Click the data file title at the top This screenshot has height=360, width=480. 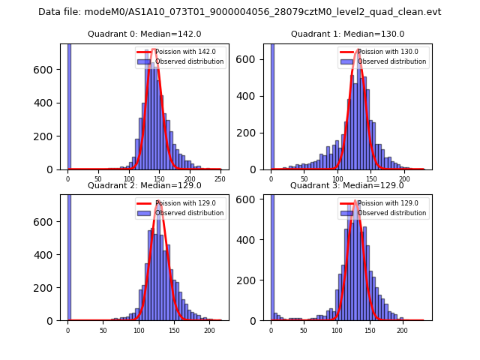pyautogui.click(x=239, y=12)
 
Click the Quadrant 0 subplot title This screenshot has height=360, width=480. pyautogui.click(x=144, y=34)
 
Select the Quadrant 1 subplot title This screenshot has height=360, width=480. pyautogui.click(x=347, y=34)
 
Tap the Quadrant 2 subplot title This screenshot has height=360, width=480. pyautogui.click(x=144, y=185)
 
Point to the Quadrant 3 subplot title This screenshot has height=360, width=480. pyautogui.click(x=347, y=185)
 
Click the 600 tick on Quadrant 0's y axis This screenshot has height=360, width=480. pyautogui.click(x=50, y=69)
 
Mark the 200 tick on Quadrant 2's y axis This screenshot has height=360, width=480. pyautogui.click(x=50, y=287)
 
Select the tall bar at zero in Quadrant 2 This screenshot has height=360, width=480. pyautogui.click(x=69, y=257)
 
